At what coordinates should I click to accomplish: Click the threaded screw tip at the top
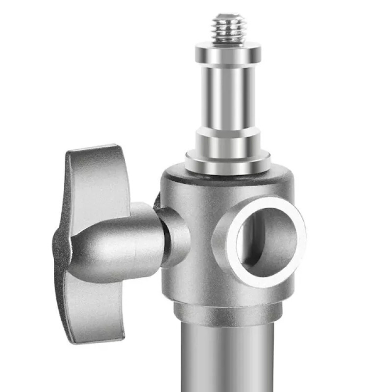[x=228, y=27]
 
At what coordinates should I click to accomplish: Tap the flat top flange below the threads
[x=228, y=50]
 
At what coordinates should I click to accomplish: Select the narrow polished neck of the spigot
[x=228, y=96]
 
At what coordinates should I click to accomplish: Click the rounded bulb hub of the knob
[x=118, y=245]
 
